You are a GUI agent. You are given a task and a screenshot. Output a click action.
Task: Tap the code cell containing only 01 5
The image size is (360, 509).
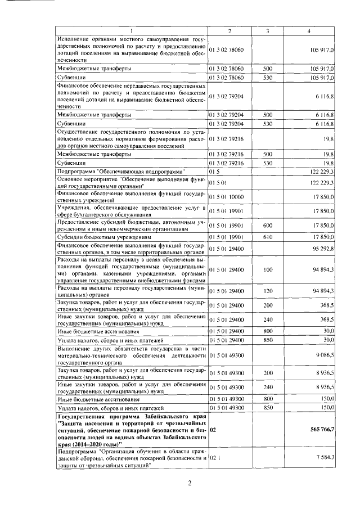(214, 171)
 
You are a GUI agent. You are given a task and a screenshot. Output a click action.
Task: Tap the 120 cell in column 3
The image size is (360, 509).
(268, 290)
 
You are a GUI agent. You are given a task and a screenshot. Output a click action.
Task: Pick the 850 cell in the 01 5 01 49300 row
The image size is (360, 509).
(268, 407)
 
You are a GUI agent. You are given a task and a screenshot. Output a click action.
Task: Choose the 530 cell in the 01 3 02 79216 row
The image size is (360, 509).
(268, 163)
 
